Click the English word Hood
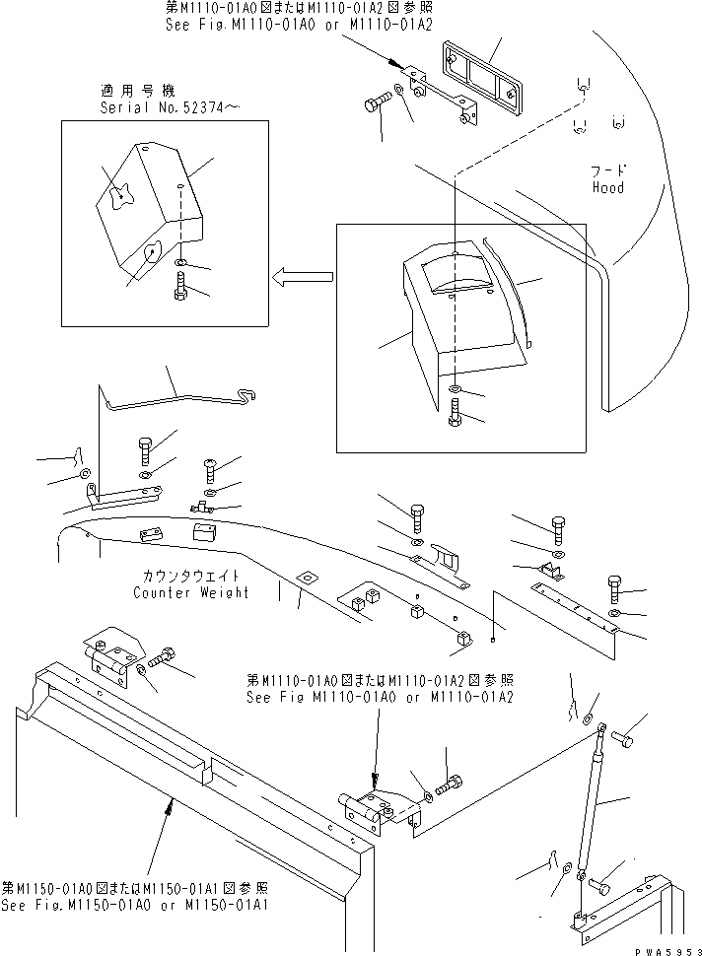click(607, 187)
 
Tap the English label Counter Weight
click(191, 592)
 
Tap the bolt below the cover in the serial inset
click(180, 292)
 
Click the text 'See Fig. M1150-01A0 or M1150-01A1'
click(138, 905)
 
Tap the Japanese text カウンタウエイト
click(189, 576)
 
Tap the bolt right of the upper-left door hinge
click(164, 660)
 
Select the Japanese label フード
click(608, 171)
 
